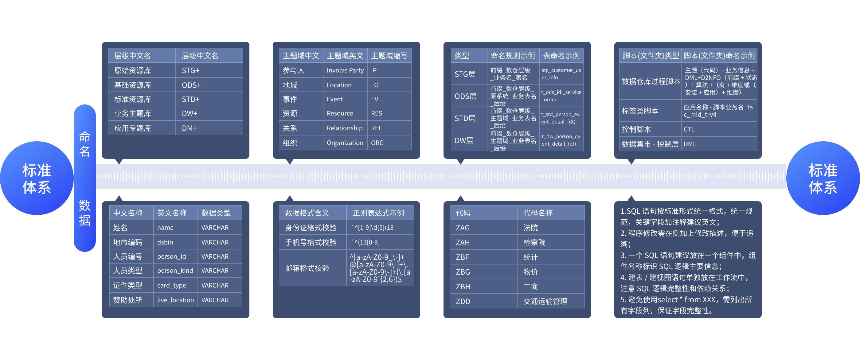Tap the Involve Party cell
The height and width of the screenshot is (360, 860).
coord(345,70)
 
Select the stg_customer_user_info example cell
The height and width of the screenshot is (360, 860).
coord(561,74)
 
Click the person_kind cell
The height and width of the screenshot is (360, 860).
coord(175,271)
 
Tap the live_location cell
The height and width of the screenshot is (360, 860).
coord(175,300)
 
